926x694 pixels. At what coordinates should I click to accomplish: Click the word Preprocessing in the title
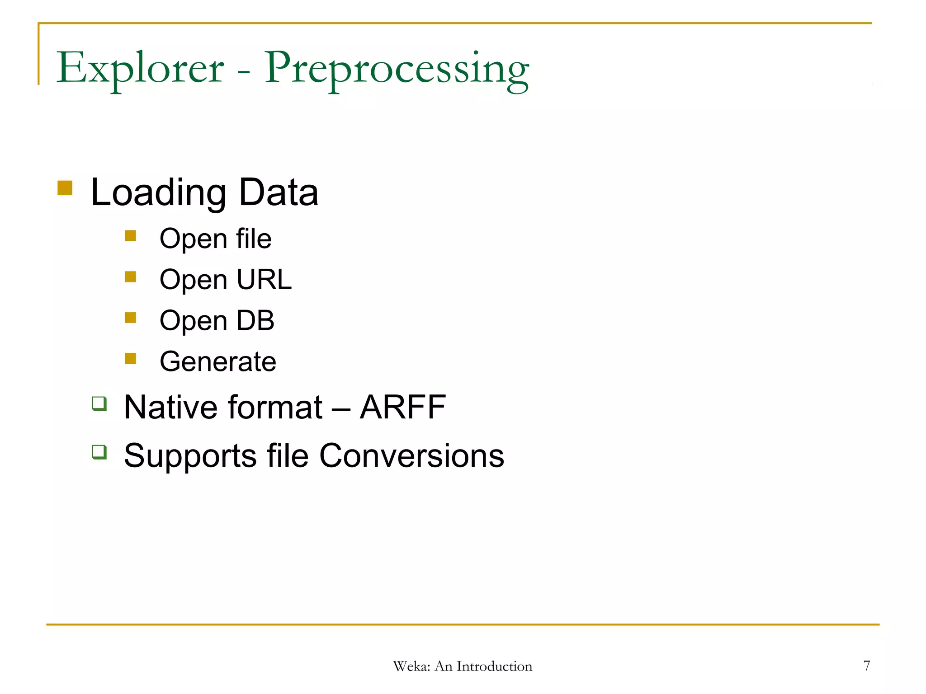tap(397, 69)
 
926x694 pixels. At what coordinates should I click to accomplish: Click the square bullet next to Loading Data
tap(65, 188)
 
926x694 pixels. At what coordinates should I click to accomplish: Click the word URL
tap(264, 279)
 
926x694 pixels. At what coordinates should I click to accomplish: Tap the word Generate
tap(218, 361)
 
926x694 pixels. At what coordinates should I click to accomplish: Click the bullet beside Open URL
tap(131, 277)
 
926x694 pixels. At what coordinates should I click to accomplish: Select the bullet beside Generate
tap(131, 358)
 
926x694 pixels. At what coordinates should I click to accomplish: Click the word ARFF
tap(403, 407)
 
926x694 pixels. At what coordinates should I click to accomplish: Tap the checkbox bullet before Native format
tap(99, 403)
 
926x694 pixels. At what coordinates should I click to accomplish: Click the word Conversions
tap(411, 455)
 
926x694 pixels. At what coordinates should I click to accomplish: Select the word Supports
tap(190, 456)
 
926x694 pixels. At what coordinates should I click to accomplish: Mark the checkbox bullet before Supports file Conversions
tap(99, 451)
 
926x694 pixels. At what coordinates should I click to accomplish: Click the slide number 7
tap(866, 666)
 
